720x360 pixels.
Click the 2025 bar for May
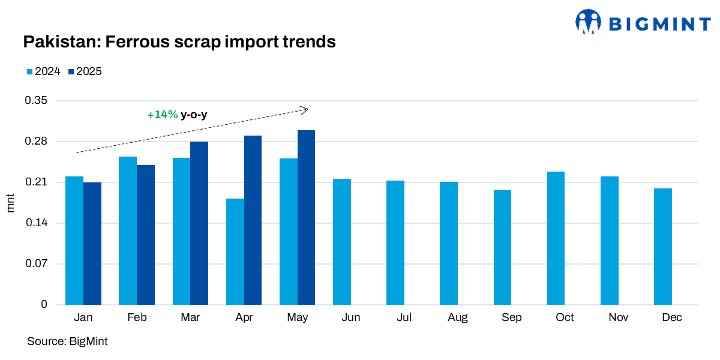tap(306, 217)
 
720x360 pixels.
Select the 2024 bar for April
tap(235, 251)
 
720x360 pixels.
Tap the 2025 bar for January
tap(92, 243)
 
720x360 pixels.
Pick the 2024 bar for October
tap(556, 238)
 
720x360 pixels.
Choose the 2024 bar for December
tap(663, 247)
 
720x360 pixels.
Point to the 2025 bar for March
tap(199, 223)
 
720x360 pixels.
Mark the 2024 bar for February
tap(128, 230)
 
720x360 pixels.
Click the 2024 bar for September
tap(502, 247)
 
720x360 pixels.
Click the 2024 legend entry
tap(43, 71)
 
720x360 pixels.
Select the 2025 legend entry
tap(85, 71)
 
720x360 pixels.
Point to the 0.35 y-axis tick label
tap(35, 101)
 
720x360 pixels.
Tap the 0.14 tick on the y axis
tap(35, 223)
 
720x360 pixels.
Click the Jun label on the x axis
tap(351, 317)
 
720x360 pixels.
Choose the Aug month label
tap(458, 317)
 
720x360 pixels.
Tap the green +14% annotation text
tap(163, 115)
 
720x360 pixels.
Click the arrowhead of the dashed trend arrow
tap(305, 109)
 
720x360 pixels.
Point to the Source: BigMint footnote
tap(67, 341)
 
